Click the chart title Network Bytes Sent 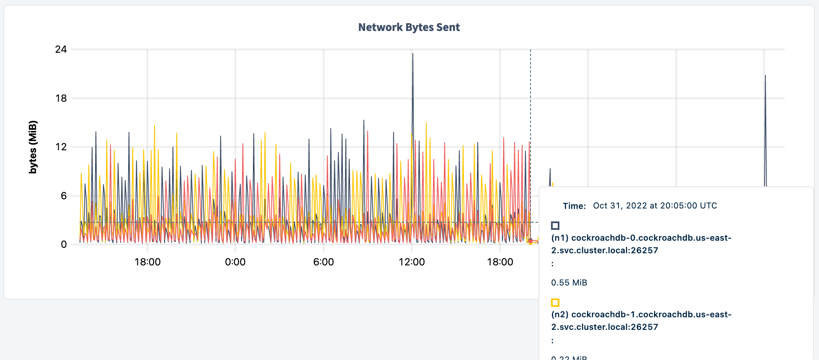point(409,28)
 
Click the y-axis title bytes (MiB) point(33,147)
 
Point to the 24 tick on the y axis point(61,49)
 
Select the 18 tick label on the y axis point(61,98)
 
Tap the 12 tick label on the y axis point(61,147)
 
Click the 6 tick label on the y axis point(63,196)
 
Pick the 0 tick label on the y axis point(63,244)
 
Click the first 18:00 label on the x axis point(147,262)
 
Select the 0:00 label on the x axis point(235,262)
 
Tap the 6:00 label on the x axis point(324,262)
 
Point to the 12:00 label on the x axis point(412,262)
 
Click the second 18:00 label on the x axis point(500,262)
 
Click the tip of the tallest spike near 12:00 point(412,54)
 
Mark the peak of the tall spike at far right point(765,76)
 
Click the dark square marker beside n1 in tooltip point(555,226)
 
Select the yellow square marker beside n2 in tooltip point(555,303)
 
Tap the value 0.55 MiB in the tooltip point(569,283)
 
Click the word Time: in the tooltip point(574,206)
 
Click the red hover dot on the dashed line point(531,241)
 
